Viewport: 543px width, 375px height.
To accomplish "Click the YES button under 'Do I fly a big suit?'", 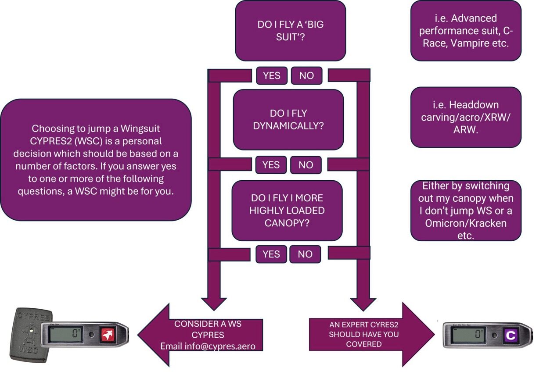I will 271,75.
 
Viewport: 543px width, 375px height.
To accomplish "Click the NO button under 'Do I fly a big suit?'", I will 306,75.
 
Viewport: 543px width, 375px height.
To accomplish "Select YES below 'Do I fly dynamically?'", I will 271,165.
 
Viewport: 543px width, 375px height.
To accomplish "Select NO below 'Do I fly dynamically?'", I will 306,165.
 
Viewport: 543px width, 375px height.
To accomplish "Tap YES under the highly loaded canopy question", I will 271,254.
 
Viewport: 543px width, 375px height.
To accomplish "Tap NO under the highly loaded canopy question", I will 305,254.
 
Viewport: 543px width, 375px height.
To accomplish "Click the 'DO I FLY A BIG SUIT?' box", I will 290,31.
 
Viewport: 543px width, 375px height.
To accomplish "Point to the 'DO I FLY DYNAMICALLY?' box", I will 288,120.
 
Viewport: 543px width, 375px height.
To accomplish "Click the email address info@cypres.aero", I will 208,346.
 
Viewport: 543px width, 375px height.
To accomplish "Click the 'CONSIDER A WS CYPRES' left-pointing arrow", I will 202,335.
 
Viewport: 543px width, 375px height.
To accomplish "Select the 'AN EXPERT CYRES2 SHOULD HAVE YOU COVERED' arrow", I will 369,335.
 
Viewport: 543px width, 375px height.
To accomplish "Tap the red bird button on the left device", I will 106,335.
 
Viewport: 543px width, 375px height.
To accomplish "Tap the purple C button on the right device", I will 511,336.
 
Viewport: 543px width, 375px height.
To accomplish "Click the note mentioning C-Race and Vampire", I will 465,31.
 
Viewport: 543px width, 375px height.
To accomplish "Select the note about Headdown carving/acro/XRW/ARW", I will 465,117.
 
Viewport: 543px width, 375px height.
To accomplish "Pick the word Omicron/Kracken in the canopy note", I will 465,223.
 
